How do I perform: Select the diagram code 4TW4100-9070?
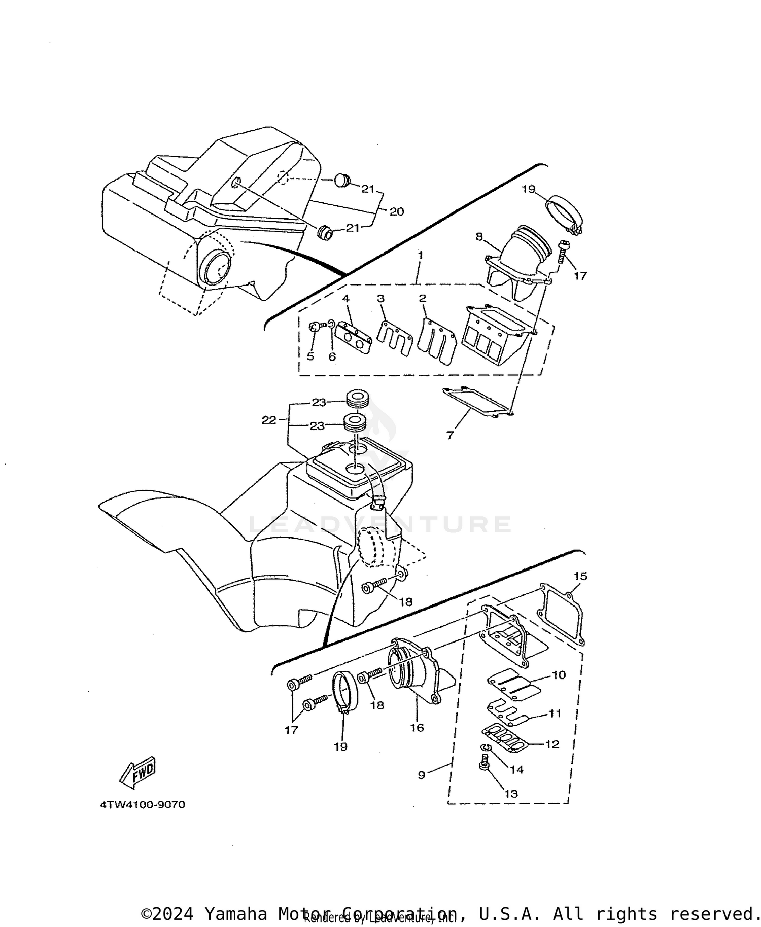click(x=143, y=805)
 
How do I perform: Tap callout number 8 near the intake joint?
click(x=478, y=237)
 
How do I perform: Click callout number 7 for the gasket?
click(x=450, y=435)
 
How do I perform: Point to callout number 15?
click(x=580, y=576)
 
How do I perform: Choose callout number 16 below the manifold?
click(x=417, y=728)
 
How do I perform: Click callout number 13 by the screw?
click(x=511, y=793)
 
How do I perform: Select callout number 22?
click(x=269, y=420)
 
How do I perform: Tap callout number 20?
click(x=396, y=211)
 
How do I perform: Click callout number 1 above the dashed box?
click(x=420, y=254)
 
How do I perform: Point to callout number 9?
click(x=422, y=775)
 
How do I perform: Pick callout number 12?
click(x=551, y=744)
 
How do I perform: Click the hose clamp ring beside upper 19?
click(x=565, y=213)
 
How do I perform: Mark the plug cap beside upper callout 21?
click(x=342, y=180)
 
